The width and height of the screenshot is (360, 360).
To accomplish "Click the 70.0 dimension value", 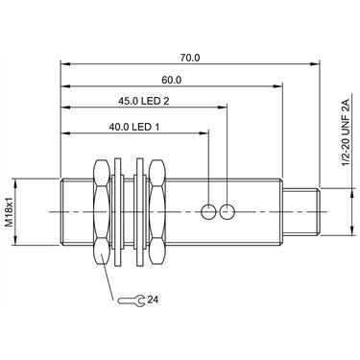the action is pos(190,58).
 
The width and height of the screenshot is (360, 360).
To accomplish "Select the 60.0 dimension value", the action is pos(171,80).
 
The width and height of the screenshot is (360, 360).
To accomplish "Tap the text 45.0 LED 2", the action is pos(144,102).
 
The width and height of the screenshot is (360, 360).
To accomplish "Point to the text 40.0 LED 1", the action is pos(134,127).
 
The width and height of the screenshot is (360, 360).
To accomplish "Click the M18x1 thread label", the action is pos(11,212).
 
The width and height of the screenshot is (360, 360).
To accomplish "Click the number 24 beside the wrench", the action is pos(153,300).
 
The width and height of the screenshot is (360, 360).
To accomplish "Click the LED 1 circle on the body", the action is pos(208,212).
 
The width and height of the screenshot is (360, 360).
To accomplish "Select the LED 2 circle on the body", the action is pos(228,212).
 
